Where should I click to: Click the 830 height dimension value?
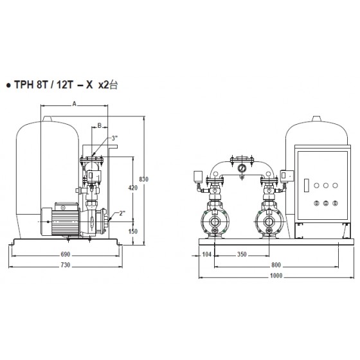coord(144,179)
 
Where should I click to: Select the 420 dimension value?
coord(133,188)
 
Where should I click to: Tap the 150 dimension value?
coord(133,231)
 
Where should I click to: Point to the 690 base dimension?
coord(66,255)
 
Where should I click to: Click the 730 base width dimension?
coord(66,265)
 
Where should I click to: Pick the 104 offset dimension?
coord(206,255)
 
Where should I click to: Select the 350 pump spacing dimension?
coord(242,255)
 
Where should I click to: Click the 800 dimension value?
coord(276,265)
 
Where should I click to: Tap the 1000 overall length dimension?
coord(276,276)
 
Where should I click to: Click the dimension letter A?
coord(74,104)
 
